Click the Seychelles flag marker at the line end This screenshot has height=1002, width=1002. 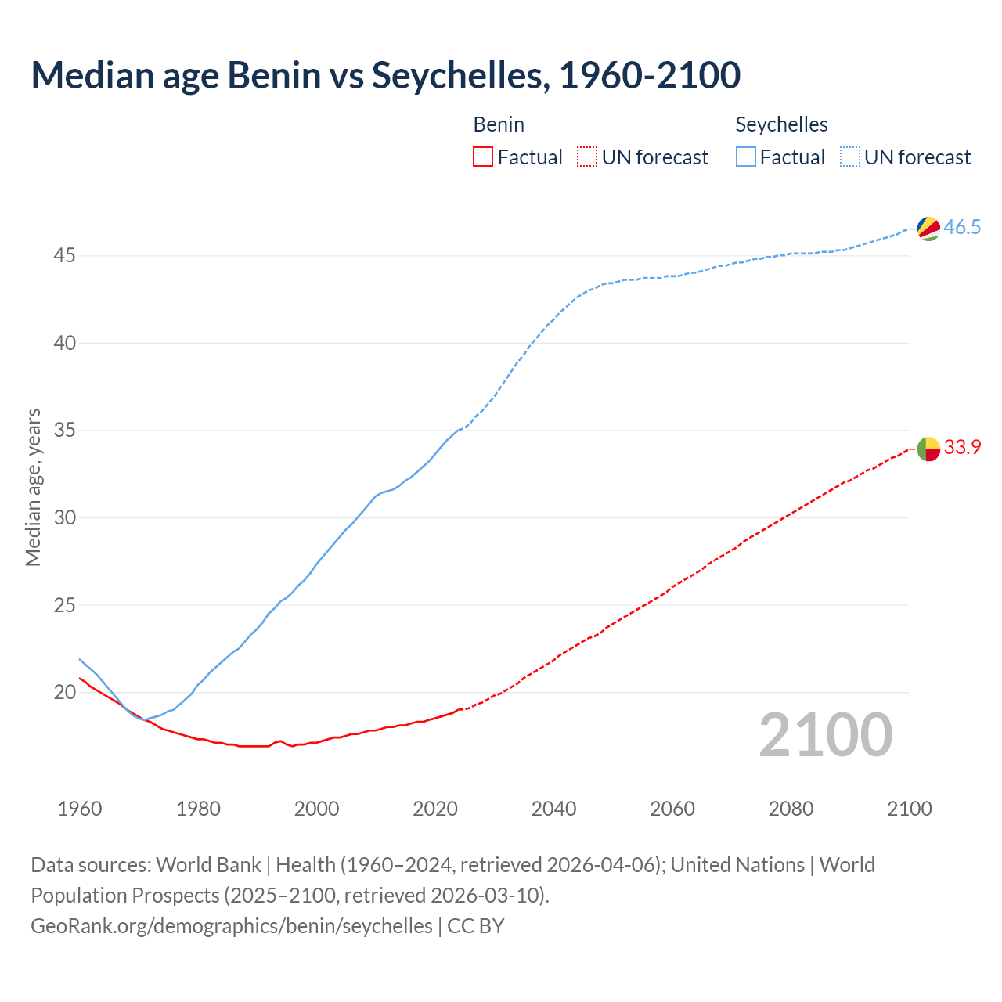pyautogui.click(x=928, y=229)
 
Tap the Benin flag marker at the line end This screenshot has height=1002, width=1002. pyautogui.click(x=928, y=449)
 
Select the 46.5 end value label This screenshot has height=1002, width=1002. pyautogui.click(x=962, y=228)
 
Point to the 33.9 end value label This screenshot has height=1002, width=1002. pyautogui.click(x=962, y=448)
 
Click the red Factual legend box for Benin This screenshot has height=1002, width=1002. pyautogui.click(x=483, y=157)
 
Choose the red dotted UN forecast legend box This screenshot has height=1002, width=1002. pyautogui.click(x=587, y=157)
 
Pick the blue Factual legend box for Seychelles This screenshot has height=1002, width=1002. pyautogui.click(x=746, y=157)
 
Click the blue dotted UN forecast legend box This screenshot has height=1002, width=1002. pyautogui.click(x=850, y=157)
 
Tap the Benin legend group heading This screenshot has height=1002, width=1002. pyautogui.click(x=499, y=124)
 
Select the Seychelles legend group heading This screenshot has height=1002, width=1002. pyautogui.click(x=781, y=124)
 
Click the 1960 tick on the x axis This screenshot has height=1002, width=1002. pyautogui.click(x=80, y=809)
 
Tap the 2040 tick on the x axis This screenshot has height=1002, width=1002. pyautogui.click(x=553, y=809)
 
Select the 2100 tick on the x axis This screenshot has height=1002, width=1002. pyautogui.click(x=909, y=809)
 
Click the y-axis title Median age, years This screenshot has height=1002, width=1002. pyautogui.click(x=33, y=487)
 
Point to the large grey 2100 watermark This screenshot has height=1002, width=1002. pyautogui.click(x=825, y=734)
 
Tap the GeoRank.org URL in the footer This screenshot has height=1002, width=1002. pyautogui.click(x=231, y=926)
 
